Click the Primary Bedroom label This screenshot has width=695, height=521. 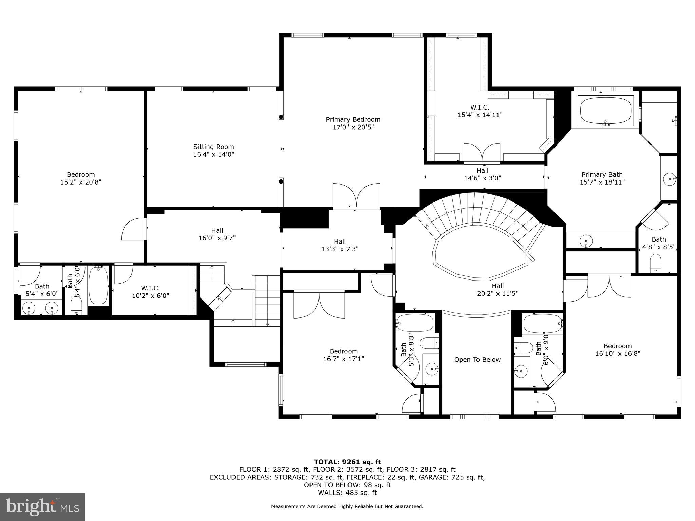click(x=353, y=120)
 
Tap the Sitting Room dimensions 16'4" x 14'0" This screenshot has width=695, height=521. click(x=213, y=155)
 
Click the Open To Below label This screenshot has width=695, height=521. click(x=477, y=360)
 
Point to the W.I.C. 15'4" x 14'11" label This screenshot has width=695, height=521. click(x=480, y=111)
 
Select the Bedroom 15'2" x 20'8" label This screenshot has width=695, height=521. click(x=81, y=178)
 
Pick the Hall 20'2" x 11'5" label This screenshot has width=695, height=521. click(x=497, y=290)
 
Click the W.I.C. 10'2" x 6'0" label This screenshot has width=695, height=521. click(x=150, y=292)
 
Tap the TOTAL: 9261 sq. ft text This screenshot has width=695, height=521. click(x=347, y=462)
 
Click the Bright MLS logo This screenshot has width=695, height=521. click(x=42, y=507)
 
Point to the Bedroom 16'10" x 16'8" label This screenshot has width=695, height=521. click(x=617, y=350)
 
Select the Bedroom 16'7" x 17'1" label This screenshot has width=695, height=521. click(x=343, y=355)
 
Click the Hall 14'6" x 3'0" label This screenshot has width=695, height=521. click(x=482, y=174)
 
